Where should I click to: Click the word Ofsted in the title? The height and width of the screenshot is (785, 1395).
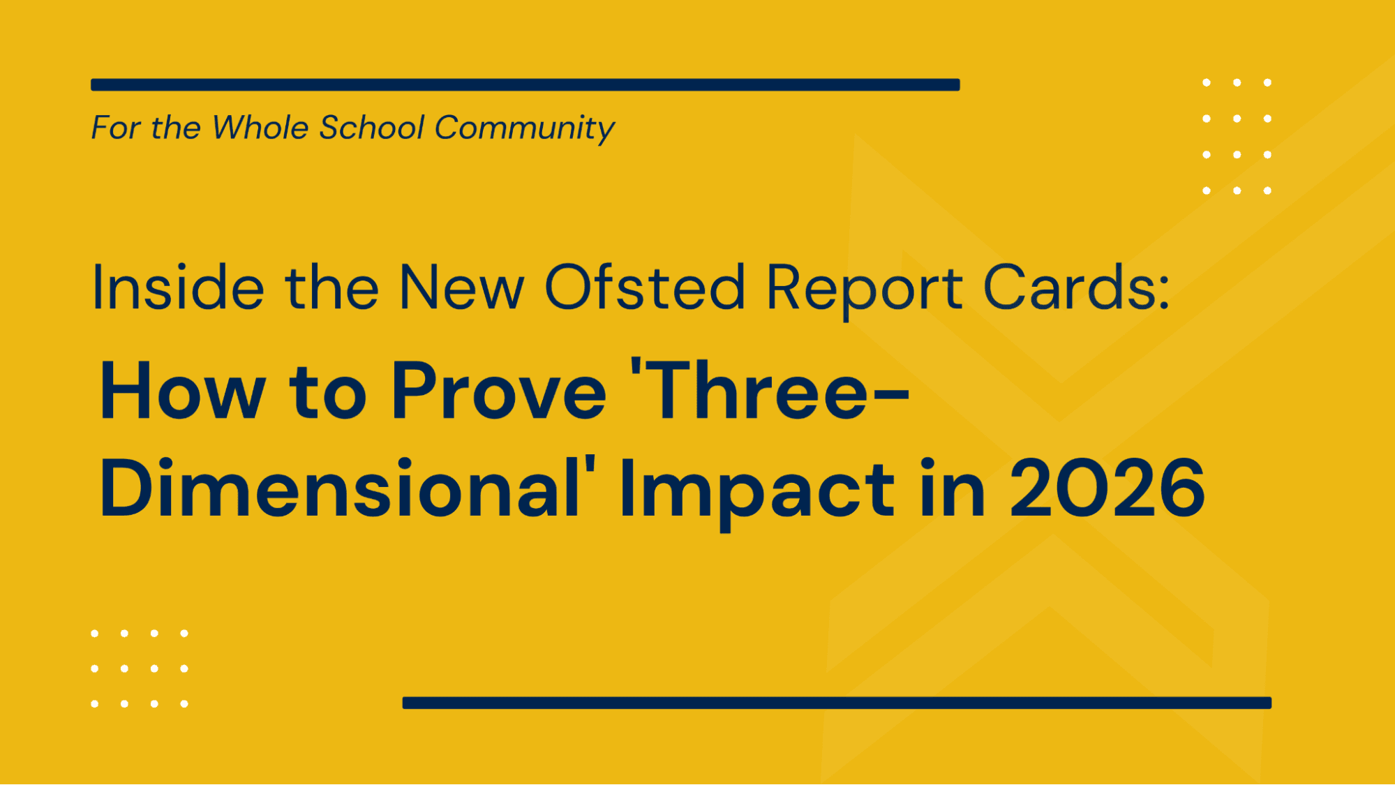click(644, 287)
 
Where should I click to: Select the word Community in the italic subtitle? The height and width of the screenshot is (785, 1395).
click(524, 128)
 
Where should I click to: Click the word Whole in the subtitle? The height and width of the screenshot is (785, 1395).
click(260, 128)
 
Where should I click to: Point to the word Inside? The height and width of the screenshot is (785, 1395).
click(178, 287)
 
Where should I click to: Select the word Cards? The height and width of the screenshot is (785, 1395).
click(1068, 287)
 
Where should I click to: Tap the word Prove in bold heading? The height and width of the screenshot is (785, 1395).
click(499, 391)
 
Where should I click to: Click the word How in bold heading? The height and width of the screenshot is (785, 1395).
click(183, 391)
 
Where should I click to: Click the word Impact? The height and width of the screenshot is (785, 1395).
click(756, 489)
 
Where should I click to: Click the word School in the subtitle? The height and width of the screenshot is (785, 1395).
click(371, 128)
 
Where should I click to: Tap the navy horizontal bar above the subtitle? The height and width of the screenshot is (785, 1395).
click(525, 85)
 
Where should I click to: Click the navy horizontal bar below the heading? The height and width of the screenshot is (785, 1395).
click(836, 703)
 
